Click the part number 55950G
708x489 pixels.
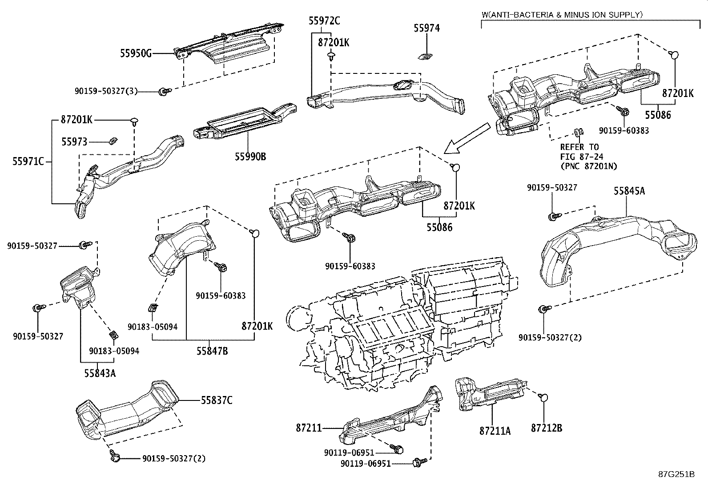coord(136,53)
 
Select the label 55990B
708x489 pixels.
coord(251,156)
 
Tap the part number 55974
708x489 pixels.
coord(426,28)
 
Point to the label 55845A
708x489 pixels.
coord(629,191)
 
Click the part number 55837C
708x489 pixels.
coord(217,400)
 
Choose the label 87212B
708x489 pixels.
coord(547,428)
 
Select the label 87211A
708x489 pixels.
coord(495,431)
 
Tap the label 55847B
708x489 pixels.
coord(212,351)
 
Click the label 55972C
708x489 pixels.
coord(325,20)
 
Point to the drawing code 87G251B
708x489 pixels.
coord(676,474)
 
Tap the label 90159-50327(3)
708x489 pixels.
coord(106,91)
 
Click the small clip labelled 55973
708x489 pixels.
coord(113,141)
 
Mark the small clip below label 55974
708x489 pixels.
coord(426,56)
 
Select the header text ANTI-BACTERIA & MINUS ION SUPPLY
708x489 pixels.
coord(562,15)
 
